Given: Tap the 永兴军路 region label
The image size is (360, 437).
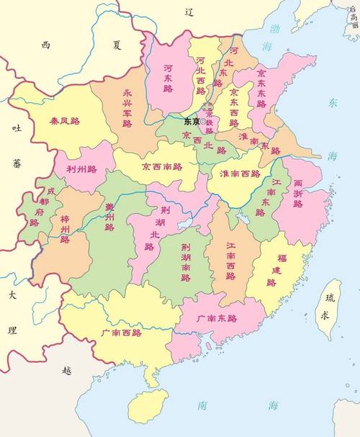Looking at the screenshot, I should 127,109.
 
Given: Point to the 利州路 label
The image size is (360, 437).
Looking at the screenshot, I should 81,169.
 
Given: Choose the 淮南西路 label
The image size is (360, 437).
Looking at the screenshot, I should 240,174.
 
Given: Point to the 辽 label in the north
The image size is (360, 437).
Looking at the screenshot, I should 189,12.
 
